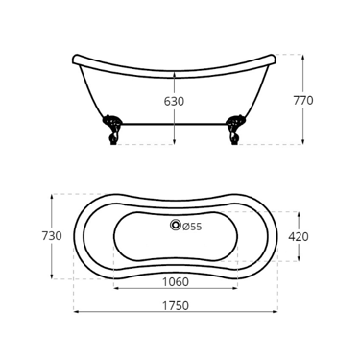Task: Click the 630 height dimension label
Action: click(174, 102)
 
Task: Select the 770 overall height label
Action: click(303, 101)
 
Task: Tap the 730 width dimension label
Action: click(52, 236)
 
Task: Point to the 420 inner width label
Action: click(299, 237)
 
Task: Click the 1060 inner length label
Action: click(176, 282)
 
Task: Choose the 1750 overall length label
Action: click(176, 306)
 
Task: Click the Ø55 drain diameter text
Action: click(192, 227)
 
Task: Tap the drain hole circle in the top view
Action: click(175, 225)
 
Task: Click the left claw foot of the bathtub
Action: click(112, 130)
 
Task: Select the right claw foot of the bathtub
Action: click(235, 130)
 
